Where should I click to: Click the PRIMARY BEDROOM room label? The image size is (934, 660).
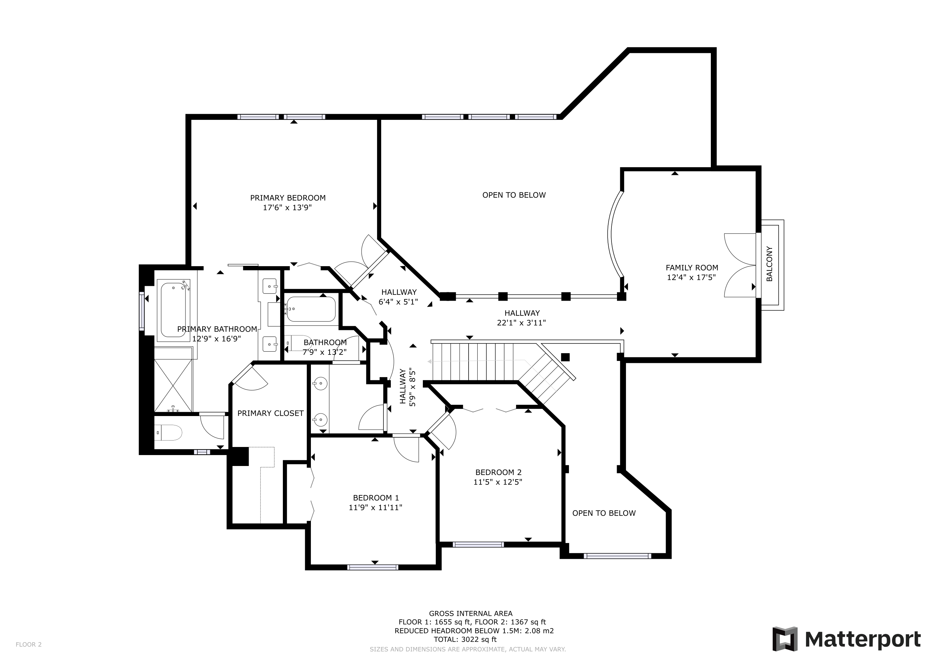288,198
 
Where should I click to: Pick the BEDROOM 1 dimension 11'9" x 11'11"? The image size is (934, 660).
375,508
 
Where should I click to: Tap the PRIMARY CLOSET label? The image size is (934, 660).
271,413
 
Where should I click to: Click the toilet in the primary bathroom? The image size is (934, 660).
168,433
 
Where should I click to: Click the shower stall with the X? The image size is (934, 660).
173,380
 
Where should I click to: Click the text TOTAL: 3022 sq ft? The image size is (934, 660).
465,639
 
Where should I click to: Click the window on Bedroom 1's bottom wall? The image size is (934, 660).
373,567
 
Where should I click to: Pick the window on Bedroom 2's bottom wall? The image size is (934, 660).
478,545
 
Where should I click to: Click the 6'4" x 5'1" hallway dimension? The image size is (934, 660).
398,302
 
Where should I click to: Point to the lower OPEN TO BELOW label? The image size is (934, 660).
604,513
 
